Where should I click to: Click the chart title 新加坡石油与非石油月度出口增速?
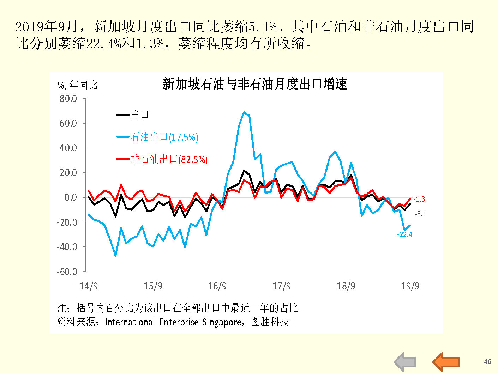[255, 84]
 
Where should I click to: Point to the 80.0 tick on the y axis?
[68, 99]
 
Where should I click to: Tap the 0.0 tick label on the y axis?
[71, 197]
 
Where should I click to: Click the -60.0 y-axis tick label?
[67, 271]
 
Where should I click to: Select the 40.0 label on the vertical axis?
[68, 148]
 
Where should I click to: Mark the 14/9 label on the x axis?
[89, 286]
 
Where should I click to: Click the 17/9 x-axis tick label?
[282, 286]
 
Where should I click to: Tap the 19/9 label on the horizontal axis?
[410, 286]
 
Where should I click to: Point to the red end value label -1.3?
[419, 199]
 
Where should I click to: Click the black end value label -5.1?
[420, 214]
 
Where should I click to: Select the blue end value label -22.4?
[404, 234]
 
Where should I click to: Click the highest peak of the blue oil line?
[244, 112]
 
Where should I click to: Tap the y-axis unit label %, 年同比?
[77, 85]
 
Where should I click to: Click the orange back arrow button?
[446, 362]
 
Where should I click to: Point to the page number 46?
[487, 362]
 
